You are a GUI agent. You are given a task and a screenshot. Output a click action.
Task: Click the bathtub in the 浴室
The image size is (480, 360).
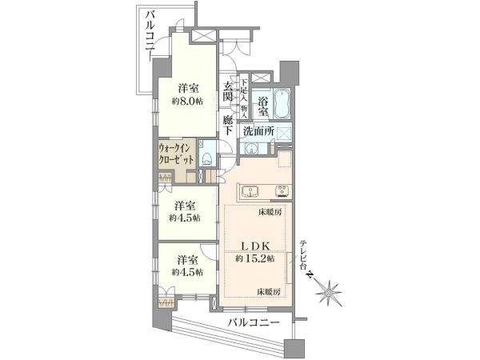(282, 103)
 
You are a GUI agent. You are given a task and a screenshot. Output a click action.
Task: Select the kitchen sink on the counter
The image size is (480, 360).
(250, 192)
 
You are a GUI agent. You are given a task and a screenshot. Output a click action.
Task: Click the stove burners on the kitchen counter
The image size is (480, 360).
(283, 192)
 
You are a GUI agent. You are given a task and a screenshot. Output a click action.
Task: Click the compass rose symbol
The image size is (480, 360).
(328, 293)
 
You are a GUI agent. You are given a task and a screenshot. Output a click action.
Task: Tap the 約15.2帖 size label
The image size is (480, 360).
(255, 258)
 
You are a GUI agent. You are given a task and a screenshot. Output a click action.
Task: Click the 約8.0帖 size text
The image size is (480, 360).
(187, 102)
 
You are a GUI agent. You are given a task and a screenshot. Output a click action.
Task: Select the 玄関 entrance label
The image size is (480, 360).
(228, 91)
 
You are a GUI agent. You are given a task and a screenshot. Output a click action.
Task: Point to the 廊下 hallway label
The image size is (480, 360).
(228, 126)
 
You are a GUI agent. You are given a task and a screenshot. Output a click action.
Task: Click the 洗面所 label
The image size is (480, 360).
(258, 131)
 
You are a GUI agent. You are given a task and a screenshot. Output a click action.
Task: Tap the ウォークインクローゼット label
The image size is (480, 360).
(176, 154)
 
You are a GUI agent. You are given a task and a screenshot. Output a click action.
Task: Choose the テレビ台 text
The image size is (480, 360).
(303, 255)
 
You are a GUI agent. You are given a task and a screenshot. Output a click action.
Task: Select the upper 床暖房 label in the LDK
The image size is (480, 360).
(270, 211)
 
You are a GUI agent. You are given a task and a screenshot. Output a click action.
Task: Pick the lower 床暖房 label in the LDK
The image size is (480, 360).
(269, 292)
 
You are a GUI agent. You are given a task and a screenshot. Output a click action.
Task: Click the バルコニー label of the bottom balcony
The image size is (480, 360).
(254, 322)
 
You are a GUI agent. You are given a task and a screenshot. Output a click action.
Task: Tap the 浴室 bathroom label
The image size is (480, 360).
(262, 106)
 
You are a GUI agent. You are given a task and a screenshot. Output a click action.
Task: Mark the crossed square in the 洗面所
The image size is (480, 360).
(284, 134)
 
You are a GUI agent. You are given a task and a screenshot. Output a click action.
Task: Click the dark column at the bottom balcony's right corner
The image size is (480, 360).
(294, 348)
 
